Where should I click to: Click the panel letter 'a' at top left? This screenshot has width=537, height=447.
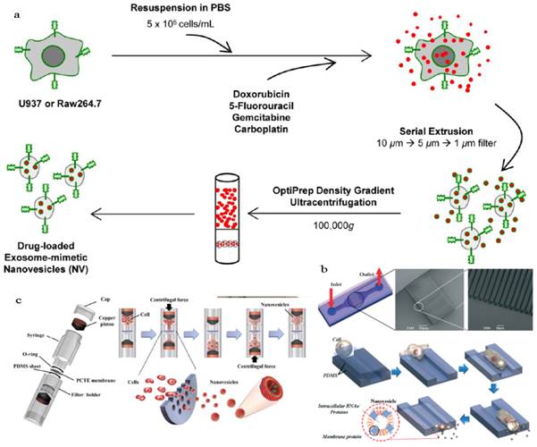(10, 9)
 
